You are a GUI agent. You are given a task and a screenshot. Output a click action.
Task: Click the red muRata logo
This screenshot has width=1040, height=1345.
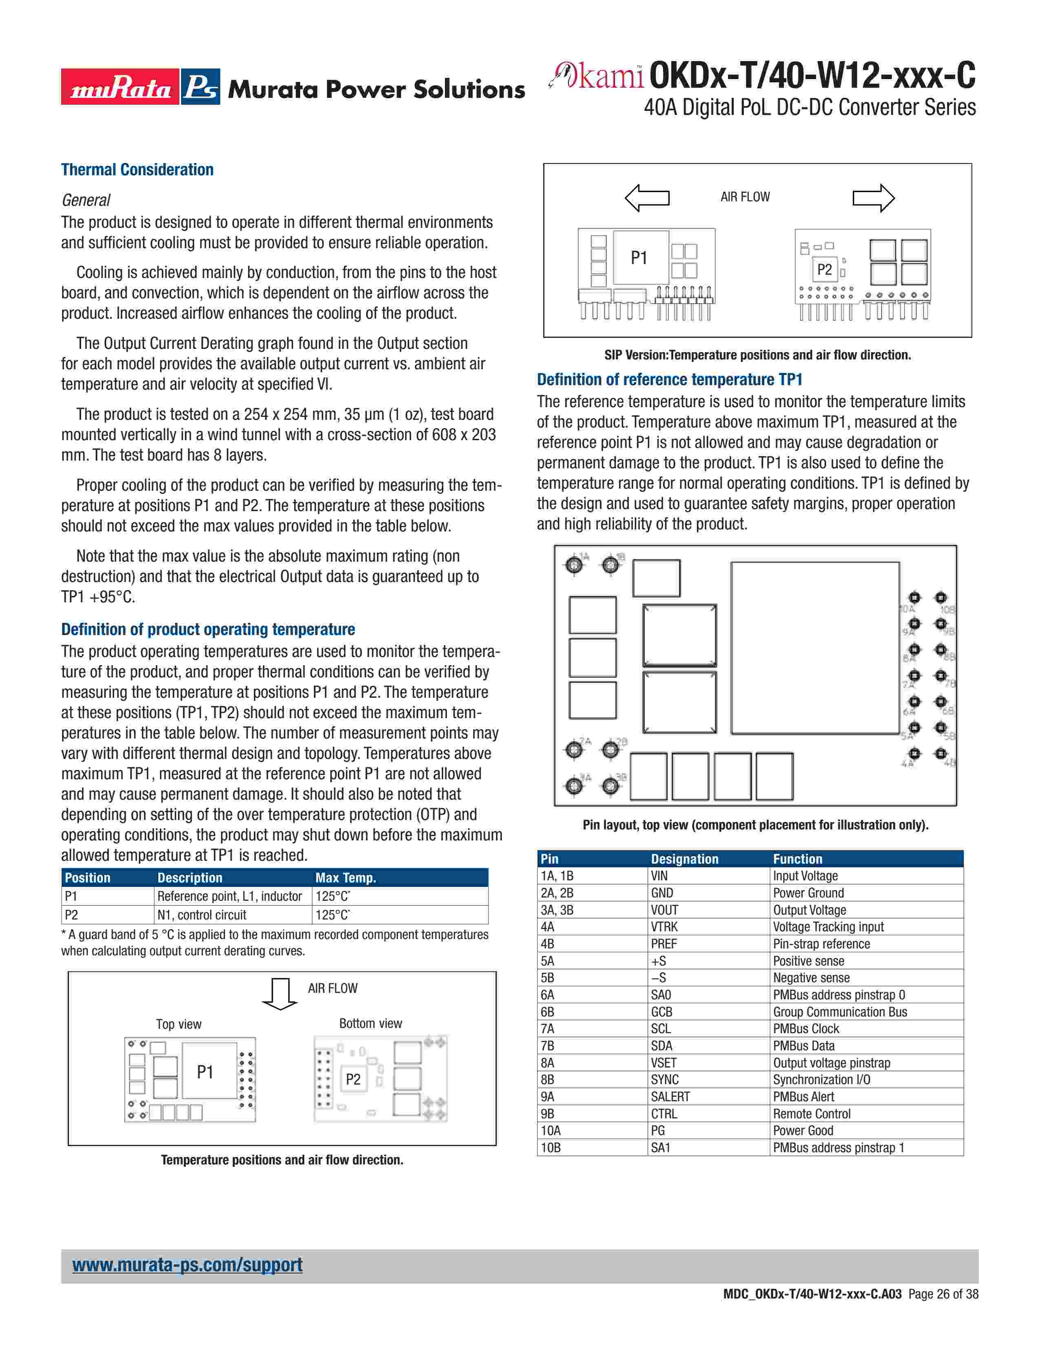(120, 87)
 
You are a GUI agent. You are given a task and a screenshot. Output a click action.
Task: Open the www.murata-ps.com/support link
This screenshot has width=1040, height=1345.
(187, 1265)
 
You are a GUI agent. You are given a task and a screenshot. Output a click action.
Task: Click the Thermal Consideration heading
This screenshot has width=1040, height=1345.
(137, 170)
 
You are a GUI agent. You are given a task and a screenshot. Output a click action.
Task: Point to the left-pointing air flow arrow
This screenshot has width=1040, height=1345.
(647, 198)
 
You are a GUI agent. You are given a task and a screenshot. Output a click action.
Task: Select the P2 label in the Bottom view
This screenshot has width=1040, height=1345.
(353, 1079)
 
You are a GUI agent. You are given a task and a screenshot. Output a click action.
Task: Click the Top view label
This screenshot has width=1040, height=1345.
(179, 1024)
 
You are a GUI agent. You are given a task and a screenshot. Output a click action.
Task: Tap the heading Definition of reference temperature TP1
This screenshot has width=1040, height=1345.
(669, 380)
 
